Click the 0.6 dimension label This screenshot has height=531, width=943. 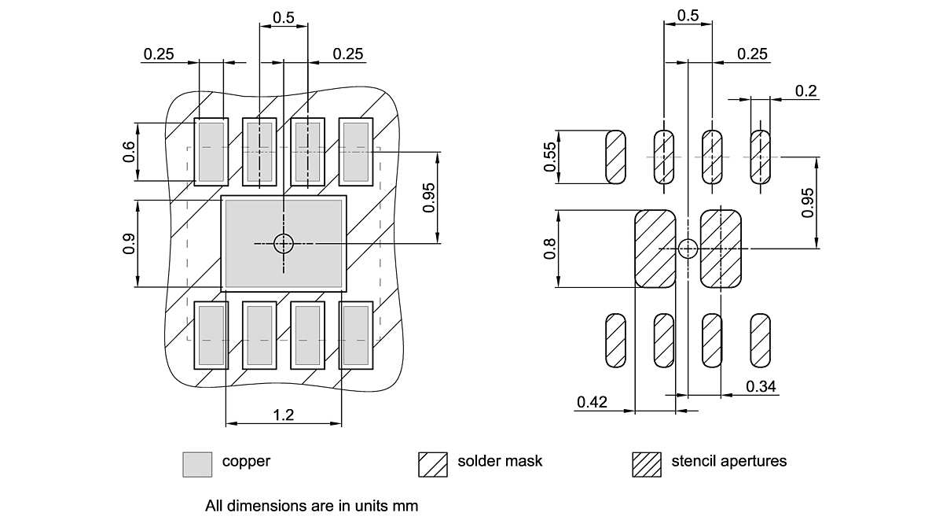tap(128, 152)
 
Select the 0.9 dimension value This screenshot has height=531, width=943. tap(128, 245)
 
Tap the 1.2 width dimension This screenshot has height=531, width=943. tap(284, 415)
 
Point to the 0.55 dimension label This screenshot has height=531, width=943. tap(549, 157)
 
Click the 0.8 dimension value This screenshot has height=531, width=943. tap(549, 249)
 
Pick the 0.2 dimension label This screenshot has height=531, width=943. tap(805, 90)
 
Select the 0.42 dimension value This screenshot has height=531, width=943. tap(592, 402)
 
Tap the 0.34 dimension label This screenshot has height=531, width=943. tap(761, 386)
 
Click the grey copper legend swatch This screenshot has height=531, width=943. tap(197, 463)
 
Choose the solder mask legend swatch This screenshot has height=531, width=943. tap(433, 463)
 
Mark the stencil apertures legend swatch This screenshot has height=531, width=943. tap(647, 463)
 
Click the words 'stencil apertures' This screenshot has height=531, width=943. tap(728, 461)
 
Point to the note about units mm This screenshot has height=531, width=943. tap(311, 506)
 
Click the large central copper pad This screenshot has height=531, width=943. tap(283, 244)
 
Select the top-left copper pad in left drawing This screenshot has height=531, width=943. tap(211, 151)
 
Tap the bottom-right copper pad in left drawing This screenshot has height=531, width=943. tap(355, 336)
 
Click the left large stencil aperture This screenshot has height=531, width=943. tap(655, 249)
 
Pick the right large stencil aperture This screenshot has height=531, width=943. tap(721, 249)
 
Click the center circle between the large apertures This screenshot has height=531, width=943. tap(688, 249)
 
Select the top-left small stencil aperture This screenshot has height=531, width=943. tap(615, 157)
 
